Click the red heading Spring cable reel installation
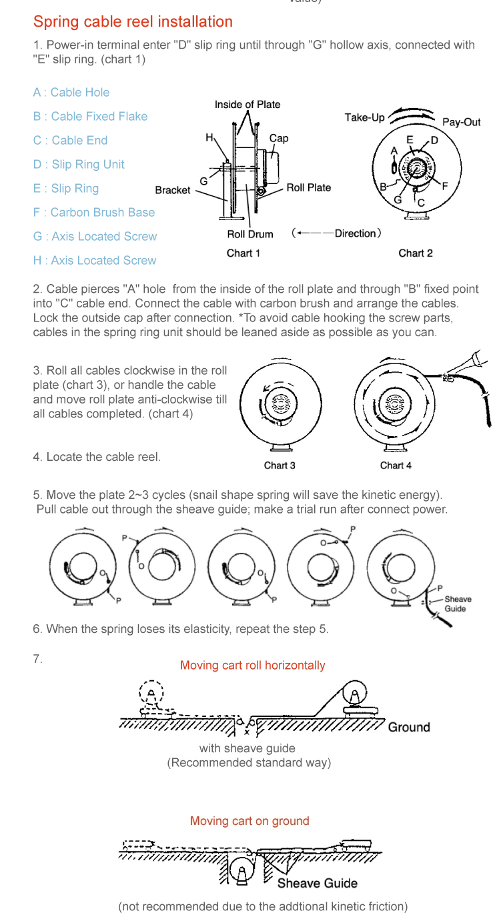133,22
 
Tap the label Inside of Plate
247,104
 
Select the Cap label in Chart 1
279,138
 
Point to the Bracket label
173,190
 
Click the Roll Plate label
309,187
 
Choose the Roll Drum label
250,234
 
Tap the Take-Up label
364,117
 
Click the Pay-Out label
461,123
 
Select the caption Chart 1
243,253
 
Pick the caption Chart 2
416,253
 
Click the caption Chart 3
279,466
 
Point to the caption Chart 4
396,466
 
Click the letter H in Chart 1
209,137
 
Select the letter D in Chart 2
434,140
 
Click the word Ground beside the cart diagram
409,727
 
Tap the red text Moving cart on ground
250,821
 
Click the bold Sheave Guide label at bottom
317,883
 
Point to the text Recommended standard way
249,762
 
